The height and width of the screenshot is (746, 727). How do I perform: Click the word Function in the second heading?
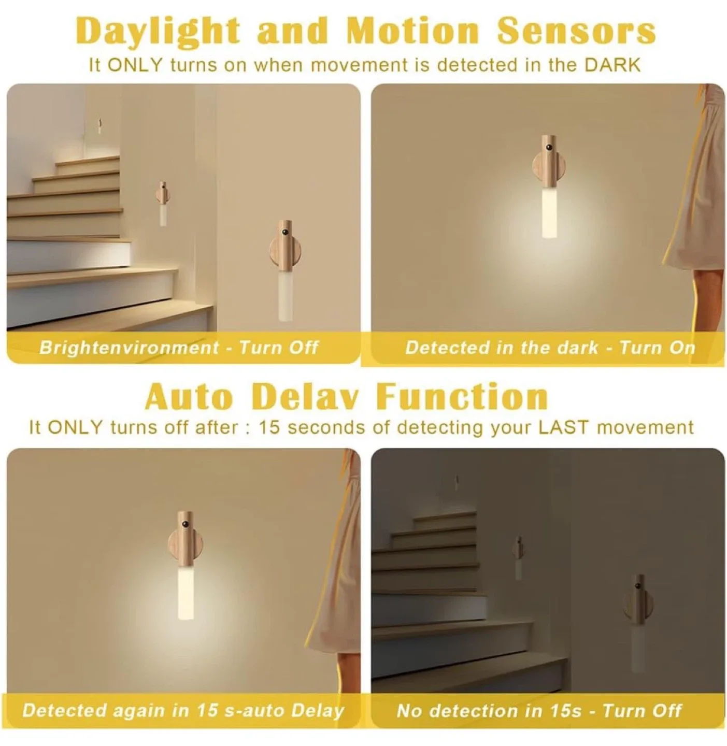(x=462, y=397)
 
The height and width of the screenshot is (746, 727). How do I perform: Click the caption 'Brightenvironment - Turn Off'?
(x=179, y=347)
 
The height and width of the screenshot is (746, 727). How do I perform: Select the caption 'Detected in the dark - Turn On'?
(x=550, y=347)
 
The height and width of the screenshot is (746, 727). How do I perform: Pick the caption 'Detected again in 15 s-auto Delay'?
(x=183, y=710)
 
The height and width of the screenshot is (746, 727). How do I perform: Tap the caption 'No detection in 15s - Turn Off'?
(x=539, y=710)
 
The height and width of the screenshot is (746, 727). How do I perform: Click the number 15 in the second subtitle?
(x=269, y=427)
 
